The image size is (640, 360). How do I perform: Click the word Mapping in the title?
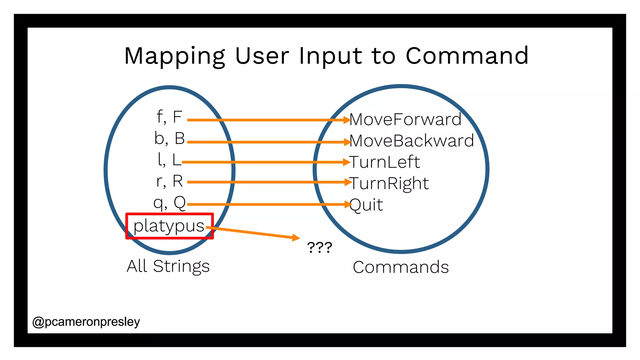point(174,56)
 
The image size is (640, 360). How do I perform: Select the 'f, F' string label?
point(169,117)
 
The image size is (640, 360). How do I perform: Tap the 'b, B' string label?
point(169,138)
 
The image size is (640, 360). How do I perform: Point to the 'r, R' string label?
point(169,181)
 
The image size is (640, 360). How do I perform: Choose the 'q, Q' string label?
point(169,203)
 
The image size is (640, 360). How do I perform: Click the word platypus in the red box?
point(169,226)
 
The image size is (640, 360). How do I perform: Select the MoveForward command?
point(405,119)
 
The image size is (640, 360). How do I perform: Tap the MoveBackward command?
point(412,141)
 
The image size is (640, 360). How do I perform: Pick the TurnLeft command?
point(385,162)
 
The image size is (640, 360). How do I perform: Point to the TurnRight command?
point(389,183)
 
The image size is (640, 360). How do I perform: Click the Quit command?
point(366,205)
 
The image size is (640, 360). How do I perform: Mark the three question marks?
point(319,247)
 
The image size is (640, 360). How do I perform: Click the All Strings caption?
point(168,267)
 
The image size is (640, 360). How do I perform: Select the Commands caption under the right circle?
point(401,267)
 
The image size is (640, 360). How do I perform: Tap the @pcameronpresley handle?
point(86,322)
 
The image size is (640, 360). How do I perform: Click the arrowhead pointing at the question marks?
point(296,238)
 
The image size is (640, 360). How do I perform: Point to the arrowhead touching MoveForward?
point(347,120)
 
